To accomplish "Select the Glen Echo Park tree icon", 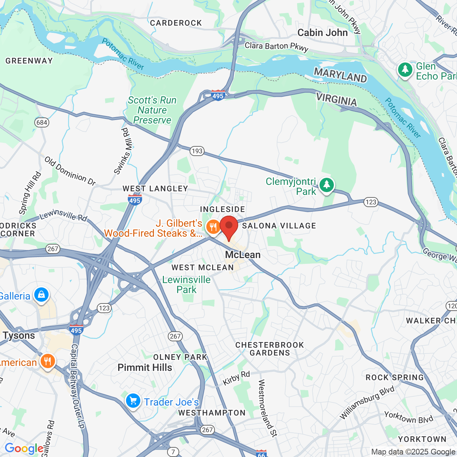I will click(405, 70).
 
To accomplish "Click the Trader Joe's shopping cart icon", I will click(133, 401).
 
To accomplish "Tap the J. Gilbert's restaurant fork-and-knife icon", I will click(213, 227).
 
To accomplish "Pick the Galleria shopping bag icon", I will click(41, 295).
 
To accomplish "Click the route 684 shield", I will click(42, 122).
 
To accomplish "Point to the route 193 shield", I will click(197, 151).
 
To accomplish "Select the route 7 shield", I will click(173, 452).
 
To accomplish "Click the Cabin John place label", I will click(322, 33).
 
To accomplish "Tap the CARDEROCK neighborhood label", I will click(176, 23).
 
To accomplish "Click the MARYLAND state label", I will click(340, 75).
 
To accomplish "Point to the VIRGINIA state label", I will click(336, 99).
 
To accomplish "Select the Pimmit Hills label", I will click(145, 367).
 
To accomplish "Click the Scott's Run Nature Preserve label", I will click(152, 110).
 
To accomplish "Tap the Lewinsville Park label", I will click(186, 285).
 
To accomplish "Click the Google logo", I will click(24, 448).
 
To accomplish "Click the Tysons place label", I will click(19, 336).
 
